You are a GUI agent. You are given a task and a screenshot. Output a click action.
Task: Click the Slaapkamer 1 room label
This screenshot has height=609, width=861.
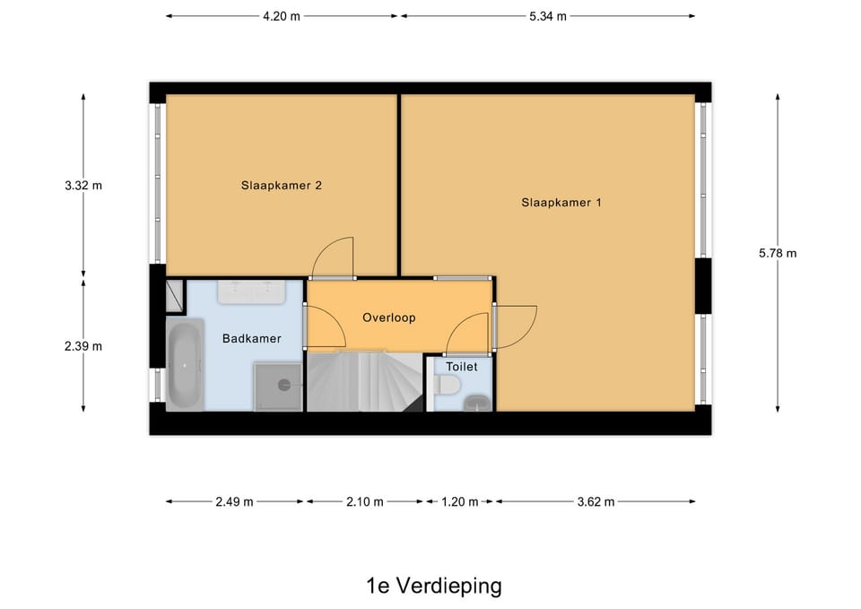click(x=561, y=203)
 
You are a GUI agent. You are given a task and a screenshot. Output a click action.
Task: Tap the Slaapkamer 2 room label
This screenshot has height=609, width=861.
click(x=281, y=186)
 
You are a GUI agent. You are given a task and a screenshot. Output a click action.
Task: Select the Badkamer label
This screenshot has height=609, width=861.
click(x=251, y=338)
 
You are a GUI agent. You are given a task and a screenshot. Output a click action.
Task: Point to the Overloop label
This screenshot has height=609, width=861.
click(x=388, y=318)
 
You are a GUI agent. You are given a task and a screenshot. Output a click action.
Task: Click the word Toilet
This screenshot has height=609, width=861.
click(x=462, y=366)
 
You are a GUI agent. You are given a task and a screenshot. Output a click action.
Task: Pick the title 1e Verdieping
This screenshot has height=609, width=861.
click(x=433, y=587)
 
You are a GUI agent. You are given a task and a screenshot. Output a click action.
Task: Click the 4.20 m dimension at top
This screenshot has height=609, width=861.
click(x=281, y=16)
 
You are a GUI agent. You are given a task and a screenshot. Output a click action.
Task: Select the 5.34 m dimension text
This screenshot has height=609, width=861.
click(x=547, y=16)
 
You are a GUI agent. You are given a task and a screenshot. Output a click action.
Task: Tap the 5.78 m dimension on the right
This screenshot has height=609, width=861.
click(x=777, y=253)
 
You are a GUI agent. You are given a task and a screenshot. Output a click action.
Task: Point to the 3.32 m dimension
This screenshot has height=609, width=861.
click(x=83, y=186)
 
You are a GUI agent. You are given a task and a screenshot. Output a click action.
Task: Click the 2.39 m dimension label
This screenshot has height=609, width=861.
click(x=83, y=346)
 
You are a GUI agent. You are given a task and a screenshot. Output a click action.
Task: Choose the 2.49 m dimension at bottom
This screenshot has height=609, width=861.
click(x=234, y=501)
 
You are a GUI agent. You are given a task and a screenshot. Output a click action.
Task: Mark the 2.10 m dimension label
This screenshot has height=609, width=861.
click(x=364, y=501)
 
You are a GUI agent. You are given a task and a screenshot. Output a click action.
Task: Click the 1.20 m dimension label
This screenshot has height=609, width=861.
click(x=459, y=501)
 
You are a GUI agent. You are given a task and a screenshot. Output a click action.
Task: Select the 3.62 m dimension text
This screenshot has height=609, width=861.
click(x=596, y=501)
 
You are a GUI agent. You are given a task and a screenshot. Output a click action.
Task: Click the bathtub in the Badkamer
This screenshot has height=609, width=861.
click(x=185, y=366)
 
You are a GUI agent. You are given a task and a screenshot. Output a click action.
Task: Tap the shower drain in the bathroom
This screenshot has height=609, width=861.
click(x=284, y=385)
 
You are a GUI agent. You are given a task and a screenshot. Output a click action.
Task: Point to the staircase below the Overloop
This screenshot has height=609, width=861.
click(x=363, y=381)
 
